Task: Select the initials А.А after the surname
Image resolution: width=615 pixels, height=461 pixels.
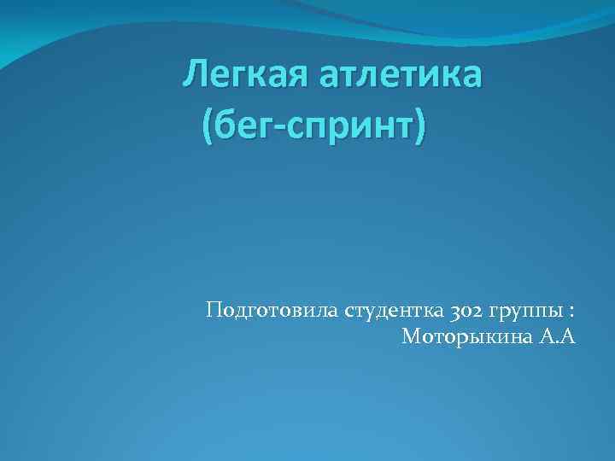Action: pyautogui.click(x=559, y=336)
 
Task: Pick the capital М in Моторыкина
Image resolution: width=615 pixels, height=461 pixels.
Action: pyautogui.click(x=411, y=336)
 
